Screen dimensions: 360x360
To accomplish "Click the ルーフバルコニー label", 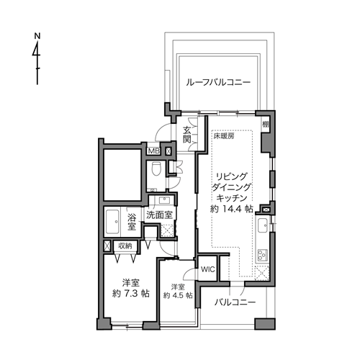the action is (218, 83).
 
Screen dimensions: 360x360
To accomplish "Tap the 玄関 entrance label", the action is (186, 135).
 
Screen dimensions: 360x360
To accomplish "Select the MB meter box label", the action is (153, 151).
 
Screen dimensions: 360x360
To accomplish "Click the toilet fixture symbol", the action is (156, 169).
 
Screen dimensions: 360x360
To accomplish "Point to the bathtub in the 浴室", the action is (112, 222).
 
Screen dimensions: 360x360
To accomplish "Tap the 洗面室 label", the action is (160, 215).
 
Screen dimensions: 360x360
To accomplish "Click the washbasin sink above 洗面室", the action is (164, 200).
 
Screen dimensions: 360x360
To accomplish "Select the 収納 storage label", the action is (125, 246).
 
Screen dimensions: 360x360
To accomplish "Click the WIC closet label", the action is (208, 269).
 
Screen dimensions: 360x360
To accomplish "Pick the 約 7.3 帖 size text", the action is (131, 293).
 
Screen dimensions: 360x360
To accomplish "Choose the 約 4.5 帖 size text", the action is (178, 295).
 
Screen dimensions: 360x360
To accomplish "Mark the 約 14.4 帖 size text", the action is (231, 209).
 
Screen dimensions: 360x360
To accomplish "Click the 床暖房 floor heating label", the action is (224, 136).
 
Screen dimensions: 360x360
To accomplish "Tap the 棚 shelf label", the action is (265, 124).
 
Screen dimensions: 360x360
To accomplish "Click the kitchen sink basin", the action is (263, 225).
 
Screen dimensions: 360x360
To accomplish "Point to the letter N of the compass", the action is (37, 36).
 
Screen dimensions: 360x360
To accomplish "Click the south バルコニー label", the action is (235, 302).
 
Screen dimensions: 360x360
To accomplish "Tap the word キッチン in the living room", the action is (232, 198).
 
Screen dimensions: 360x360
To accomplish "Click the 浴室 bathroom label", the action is (132, 222).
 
